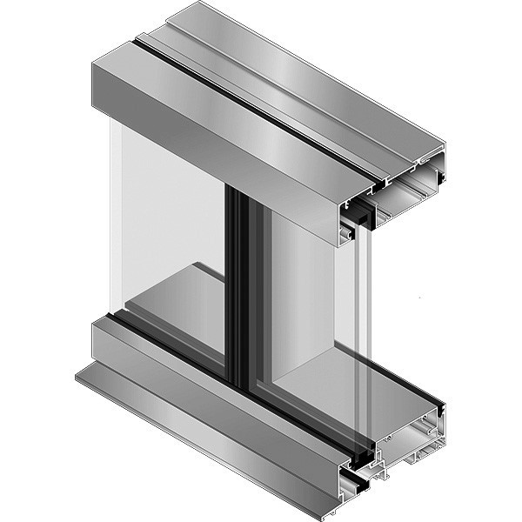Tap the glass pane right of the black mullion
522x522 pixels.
click(296, 287)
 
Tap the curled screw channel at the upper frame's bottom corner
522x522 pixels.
click(346, 233)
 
